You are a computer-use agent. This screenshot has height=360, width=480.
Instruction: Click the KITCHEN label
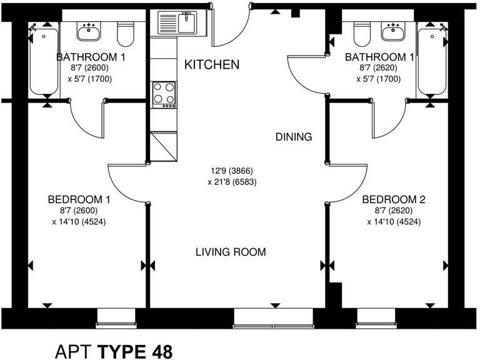coord(212,64)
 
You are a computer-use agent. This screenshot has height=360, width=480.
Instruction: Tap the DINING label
coord(294,136)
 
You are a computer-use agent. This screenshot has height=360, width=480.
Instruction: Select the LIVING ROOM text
coord(231,252)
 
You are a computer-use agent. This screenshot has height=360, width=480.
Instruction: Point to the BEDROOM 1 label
coord(79,199)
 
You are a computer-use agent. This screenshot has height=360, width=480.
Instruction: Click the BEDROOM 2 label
coord(394,199)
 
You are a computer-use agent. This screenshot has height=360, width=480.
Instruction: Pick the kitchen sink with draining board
coord(178,22)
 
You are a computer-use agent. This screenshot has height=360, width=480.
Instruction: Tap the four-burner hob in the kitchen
coord(164,95)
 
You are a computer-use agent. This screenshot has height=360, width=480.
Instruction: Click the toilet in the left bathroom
coord(126,34)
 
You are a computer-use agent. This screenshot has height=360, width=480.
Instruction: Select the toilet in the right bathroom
coord(362,34)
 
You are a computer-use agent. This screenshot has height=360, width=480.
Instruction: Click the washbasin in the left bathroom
coord(89,31)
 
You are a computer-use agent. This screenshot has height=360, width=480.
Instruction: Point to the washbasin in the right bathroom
coord(393,31)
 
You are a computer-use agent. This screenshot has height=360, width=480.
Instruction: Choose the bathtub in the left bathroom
coord(44,61)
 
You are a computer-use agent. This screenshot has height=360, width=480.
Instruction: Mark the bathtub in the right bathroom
coord(432,61)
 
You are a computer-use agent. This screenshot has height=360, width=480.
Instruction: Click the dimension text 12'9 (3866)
coord(232,171)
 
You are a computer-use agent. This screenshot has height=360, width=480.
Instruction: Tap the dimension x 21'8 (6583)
coord(232,182)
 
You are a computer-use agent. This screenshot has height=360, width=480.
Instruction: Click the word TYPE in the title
coord(121,351)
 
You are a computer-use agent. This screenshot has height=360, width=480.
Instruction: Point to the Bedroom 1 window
coord(116,319)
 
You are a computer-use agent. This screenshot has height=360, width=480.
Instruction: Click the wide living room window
coord(274,319)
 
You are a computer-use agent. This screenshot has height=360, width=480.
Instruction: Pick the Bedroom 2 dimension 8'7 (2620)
coord(394,211)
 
